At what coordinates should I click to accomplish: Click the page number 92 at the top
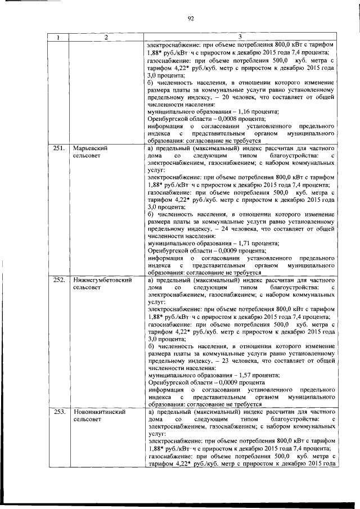[191, 18]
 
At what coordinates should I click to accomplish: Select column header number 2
[106, 37]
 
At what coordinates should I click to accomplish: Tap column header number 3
[240, 37]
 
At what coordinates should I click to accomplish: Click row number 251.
[57, 148]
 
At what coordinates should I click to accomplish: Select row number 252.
[57, 280]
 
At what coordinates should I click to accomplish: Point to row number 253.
[57, 412]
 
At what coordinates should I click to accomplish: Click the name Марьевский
[91, 148]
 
